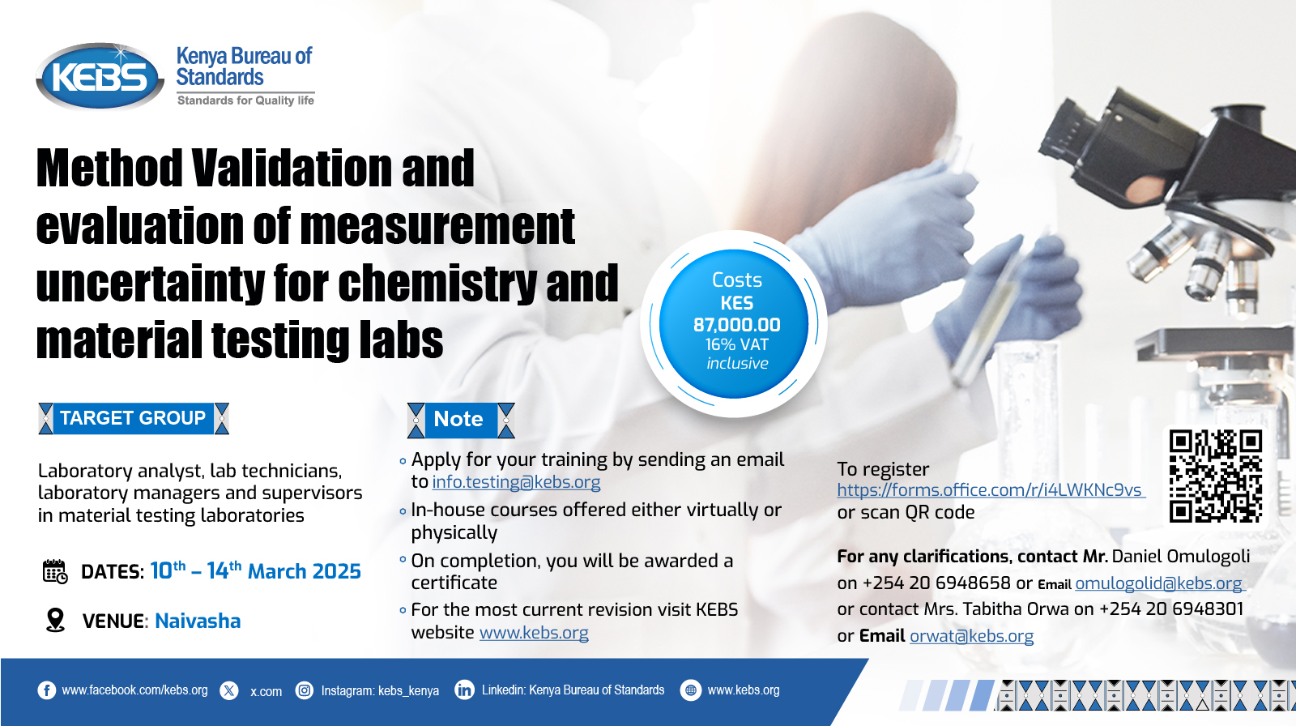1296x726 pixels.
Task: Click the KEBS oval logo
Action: click(100, 76)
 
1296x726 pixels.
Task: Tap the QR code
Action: click(1215, 476)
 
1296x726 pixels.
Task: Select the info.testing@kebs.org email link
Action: click(516, 481)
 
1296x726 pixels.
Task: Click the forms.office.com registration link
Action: click(990, 489)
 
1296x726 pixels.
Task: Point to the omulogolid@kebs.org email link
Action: click(1159, 583)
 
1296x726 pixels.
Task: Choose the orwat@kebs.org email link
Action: click(971, 636)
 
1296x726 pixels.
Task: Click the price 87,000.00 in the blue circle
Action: click(736, 325)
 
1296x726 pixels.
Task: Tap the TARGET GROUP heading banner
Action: click(134, 418)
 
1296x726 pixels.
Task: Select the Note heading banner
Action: click(461, 420)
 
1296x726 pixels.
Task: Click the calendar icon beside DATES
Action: click(55, 571)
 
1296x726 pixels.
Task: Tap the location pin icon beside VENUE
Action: click(56, 620)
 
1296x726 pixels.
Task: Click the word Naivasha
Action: click(198, 621)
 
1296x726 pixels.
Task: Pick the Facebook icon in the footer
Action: click(47, 690)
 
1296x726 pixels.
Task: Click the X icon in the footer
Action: click(229, 690)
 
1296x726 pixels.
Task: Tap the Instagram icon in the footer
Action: click(305, 690)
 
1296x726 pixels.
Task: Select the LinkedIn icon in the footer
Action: click(464, 690)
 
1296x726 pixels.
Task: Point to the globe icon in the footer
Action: click(690, 690)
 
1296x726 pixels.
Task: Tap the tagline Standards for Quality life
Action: click(245, 100)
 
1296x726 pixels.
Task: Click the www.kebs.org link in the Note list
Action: click(534, 632)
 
